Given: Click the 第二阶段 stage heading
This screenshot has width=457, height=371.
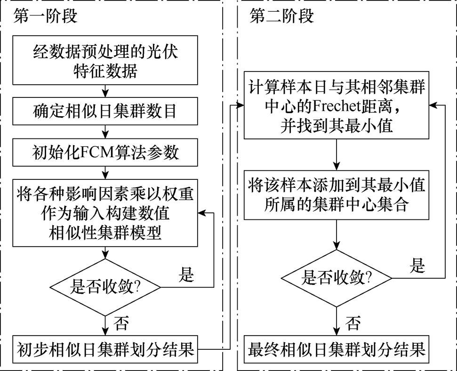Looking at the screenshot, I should click(x=281, y=16).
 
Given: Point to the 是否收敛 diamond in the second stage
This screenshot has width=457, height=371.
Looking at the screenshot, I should click(x=337, y=278).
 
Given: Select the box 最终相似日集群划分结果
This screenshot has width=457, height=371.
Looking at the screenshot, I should click(x=337, y=350).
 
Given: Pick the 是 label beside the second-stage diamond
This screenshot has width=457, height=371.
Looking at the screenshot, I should click(x=417, y=266).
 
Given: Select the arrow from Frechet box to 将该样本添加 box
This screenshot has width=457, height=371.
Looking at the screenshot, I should click(x=337, y=154).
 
